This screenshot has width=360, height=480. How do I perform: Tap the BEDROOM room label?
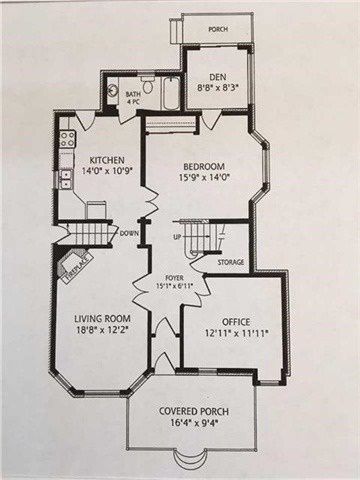[x=204, y=166]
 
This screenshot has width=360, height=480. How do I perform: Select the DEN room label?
[x=218, y=77]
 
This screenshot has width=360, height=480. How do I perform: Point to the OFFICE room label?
[x=236, y=322]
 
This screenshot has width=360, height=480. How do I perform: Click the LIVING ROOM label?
[x=102, y=319]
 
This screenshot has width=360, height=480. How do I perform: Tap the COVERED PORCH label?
[x=194, y=411]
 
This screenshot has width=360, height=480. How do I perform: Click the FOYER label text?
[x=174, y=278]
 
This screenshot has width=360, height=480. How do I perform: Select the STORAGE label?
[x=231, y=262]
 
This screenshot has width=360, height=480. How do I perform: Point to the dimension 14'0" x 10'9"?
[x=107, y=171]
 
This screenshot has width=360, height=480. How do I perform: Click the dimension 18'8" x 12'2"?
[x=102, y=330]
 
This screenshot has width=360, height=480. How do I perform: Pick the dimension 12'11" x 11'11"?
[x=236, y=333]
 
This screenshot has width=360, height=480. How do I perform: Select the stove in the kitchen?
[x=68, y=139]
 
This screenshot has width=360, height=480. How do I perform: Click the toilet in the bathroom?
[x=148, y=85]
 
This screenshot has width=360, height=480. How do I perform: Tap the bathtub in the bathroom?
[x=171, y=92]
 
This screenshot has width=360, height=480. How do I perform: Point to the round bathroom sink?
[x=113, y=90]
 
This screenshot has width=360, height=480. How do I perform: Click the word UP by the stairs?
[x=177, y=237]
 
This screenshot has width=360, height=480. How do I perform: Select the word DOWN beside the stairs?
[x=129, y=233]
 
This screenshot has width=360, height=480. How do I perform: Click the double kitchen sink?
[x=66, y=179]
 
